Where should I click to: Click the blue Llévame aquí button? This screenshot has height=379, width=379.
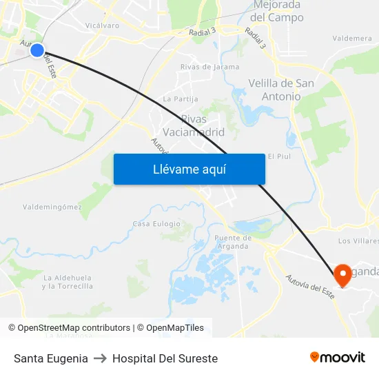pyautogui.click(x=189, y=169)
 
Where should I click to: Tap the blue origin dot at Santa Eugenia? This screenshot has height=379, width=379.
pyautogui.click(x=37, y=50)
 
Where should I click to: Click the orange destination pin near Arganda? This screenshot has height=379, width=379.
pyautogui.click(x=342, y=276)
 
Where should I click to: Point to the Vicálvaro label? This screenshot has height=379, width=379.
pyautogui.click(x=102, y=25)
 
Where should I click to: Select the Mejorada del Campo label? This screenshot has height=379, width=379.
pyautogui.click(x=278, y=11)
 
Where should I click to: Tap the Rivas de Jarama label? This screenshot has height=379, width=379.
pyautogui.click(x=209, y=67)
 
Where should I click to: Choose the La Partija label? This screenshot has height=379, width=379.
pyautogui.click(x=176, y=99)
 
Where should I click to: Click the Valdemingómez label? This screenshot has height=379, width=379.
pyautogui.click(x=52, y=206)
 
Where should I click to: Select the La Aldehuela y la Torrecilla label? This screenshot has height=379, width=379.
pyautogui.click(x=67, y=281)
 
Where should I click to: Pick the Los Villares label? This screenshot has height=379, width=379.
pyautogui.click(x=358, y=241)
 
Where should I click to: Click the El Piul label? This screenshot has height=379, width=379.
pyautogui.click(x=280, y=156)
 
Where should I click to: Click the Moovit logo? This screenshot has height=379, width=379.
pyautogui.click(x=337, y=358)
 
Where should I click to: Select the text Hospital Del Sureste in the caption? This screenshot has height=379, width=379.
pyautogui.click(x=165, y=358)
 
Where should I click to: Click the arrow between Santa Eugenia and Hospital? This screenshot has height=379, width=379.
pyautogui.click(x=100, y=358)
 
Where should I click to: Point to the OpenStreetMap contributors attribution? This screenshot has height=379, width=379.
pyautogui.click(x=69, y=328)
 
